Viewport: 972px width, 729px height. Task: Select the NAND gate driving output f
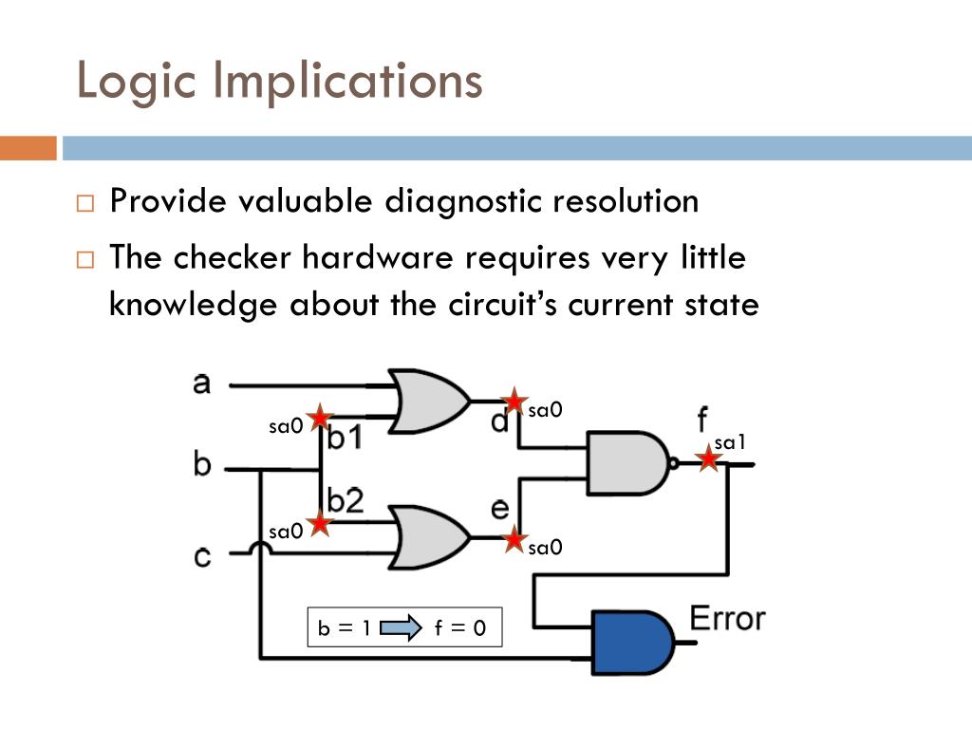(x=627, y=462)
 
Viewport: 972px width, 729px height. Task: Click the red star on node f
(x=707, y=458)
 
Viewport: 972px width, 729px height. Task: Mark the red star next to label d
(x=514, y=402)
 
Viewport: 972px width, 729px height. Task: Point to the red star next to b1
(x=320, y=417)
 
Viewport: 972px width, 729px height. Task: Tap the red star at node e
(x=514, y=539)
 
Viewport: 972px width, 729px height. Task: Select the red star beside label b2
(x=320, y=522)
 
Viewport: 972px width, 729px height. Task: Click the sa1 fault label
(x=731, y=441)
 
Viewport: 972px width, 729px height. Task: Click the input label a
(x=201, y=383)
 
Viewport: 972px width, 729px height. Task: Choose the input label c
(x=202, y=554)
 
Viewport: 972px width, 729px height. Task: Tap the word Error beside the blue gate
(x=727, y=618)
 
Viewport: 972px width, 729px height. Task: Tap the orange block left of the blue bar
(x=28, y=148)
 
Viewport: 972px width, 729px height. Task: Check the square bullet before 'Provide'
(x=86, y=203)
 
